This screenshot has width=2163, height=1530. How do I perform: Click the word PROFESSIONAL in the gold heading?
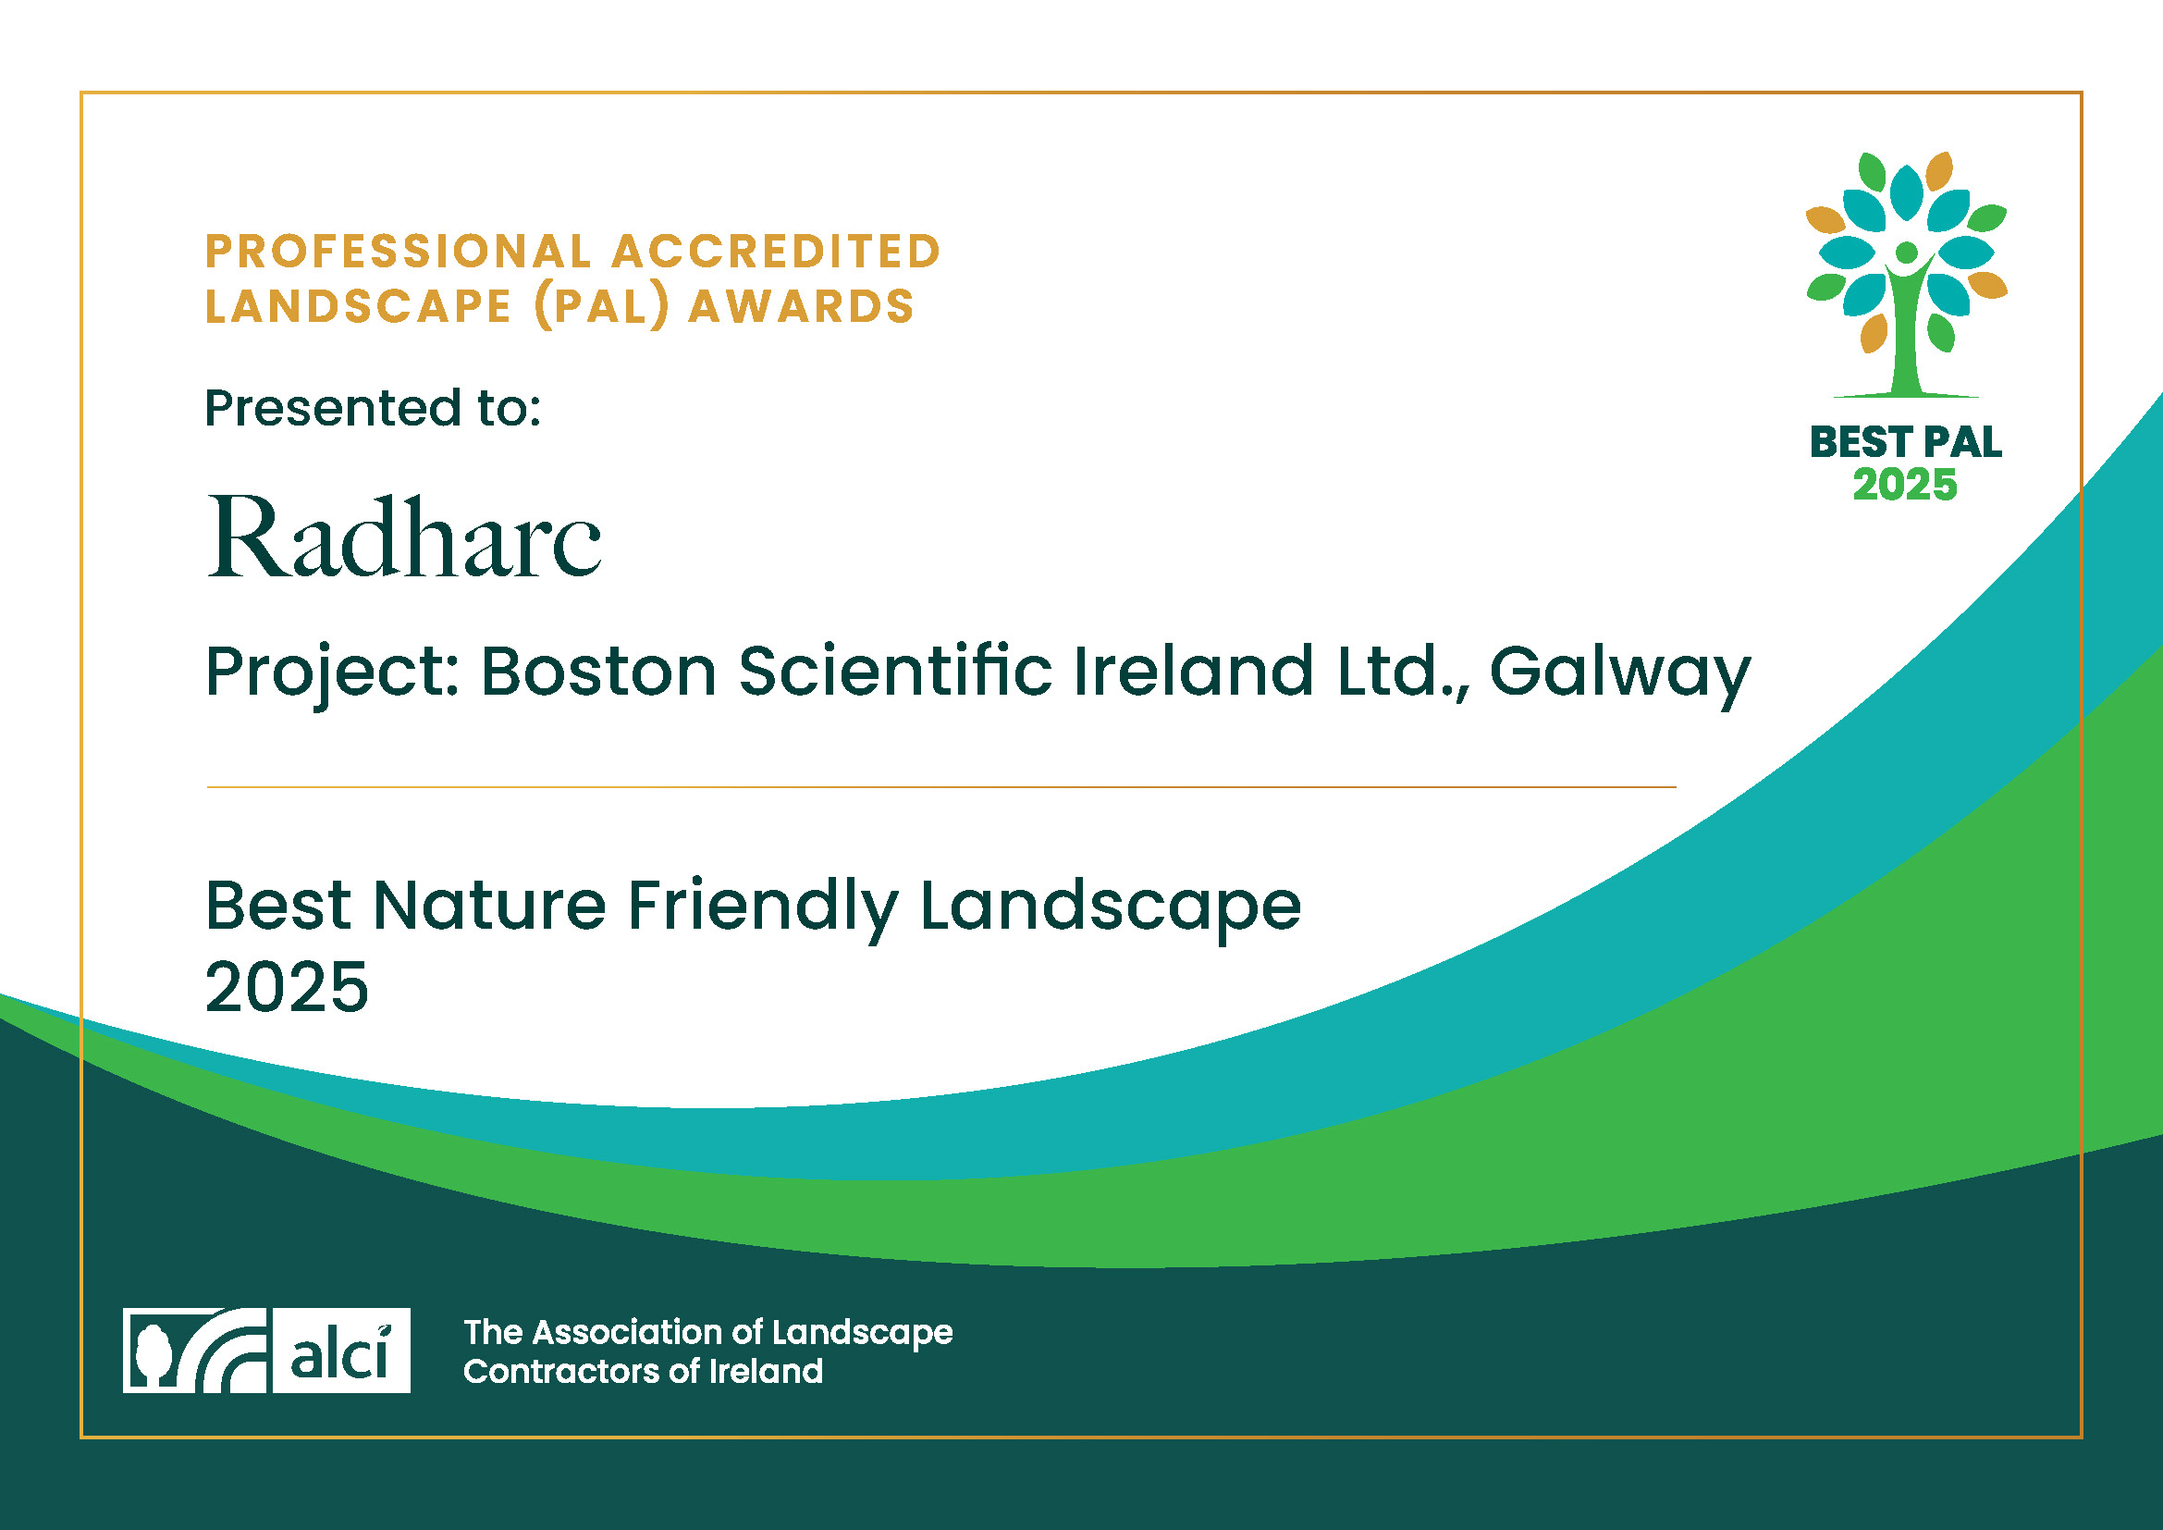click(399, 252)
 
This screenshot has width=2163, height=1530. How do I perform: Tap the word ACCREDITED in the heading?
click(776, 252)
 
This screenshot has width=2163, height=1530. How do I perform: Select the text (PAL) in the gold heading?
click(601, 307)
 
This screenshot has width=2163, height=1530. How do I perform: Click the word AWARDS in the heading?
click(801, 306)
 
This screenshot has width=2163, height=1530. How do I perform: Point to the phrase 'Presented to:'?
click(373, 408)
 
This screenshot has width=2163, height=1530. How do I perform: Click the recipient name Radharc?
click(404, 537)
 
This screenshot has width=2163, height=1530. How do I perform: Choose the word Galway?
click(1619, 674)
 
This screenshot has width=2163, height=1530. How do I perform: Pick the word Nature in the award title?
click(490, 906)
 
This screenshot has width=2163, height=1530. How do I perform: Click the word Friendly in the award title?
click(763, 908)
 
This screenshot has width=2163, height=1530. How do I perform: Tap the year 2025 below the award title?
click(287, 987)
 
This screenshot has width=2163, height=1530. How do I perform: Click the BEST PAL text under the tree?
click(1906, 442)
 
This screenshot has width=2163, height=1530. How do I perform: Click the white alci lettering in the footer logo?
click(340, 1353)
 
